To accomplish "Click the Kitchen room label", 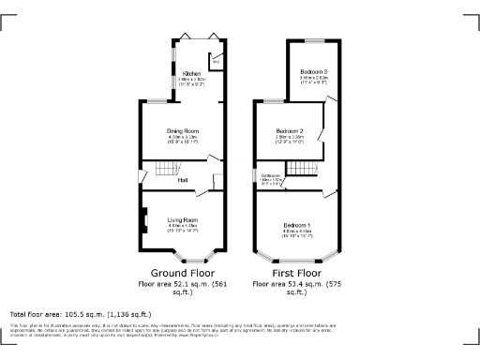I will tap(191, 72).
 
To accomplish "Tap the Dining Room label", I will tap(183, 130).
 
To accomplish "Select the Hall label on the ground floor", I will tap(184, 180).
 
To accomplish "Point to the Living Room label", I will tap(183, 219).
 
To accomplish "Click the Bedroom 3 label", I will tap(314, 72).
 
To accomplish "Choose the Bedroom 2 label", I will tap(289, 130).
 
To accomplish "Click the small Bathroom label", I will tap(272, 175).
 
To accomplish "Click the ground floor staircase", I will tap(165, 169).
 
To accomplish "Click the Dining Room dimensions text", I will tap(183, 139).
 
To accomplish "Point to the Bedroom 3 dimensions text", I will tap(314, 82).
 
